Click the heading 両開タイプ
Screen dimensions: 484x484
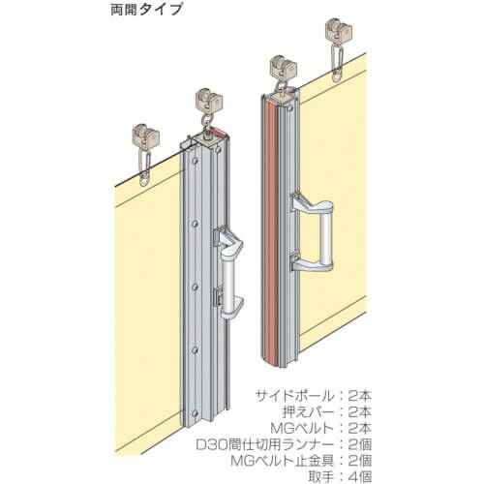[146, 10]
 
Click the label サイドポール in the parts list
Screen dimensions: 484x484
[293, 395]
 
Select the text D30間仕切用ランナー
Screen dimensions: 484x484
[264, 444]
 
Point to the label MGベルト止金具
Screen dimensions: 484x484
[283, 461]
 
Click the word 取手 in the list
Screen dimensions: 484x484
[320, 476]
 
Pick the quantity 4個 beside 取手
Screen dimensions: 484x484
[360, 476]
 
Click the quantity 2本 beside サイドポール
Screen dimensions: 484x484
[360, 395]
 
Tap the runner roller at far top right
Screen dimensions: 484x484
[338, 31]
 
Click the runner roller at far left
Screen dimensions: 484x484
[146, 136]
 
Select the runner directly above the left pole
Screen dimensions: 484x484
[208, 101]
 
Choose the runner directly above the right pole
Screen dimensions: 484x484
[283, 69]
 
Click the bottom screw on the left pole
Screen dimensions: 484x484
[194, 413]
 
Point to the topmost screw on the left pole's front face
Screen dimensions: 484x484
[194, 161]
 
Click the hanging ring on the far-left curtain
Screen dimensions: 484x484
[145, 180]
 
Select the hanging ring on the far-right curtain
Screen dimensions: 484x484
[337, 76]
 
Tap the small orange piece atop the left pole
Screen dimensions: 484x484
[219, 132]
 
